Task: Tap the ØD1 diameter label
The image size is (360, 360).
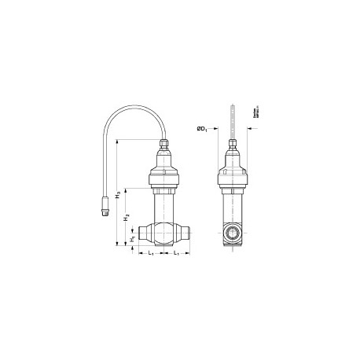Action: [x=203, y=128]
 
